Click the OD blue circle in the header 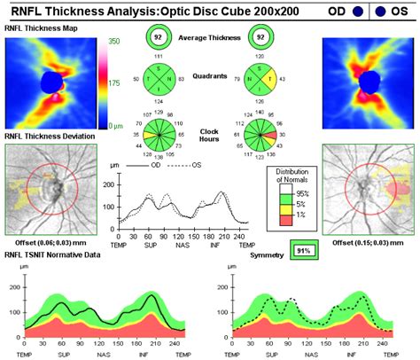click(355, 12)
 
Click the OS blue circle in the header click(405, 12)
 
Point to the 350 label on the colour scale click(114, 42)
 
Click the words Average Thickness click(209, 37)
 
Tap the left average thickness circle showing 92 click(158, 37)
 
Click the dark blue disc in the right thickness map click(368, 82)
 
